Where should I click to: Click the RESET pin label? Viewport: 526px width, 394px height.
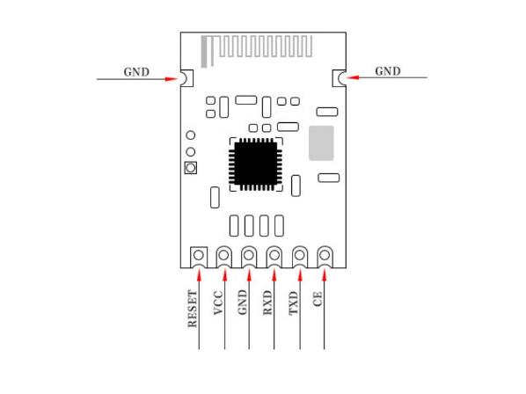point(193,309)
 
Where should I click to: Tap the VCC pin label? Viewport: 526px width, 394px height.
point(218,303)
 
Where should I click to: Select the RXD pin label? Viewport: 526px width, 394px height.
point(267,303)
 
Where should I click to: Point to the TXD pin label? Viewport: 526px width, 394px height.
point(293,303)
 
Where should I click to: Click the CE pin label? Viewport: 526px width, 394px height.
point(318,299)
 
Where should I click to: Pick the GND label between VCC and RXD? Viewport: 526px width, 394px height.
point(242,303)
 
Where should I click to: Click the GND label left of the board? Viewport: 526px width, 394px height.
point(136,72)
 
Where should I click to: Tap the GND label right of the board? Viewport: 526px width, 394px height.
point(388,71)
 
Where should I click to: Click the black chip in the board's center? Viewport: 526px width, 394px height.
point(256,164)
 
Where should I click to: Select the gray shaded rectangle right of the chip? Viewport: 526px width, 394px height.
point(321,143)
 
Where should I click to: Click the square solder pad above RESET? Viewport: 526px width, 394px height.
point(199,257)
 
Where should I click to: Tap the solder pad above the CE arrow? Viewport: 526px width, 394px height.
point(325,257)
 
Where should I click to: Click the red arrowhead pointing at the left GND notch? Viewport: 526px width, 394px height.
point(172,79)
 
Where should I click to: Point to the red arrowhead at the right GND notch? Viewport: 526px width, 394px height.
point(353,77)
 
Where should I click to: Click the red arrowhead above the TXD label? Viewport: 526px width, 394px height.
point(300,275)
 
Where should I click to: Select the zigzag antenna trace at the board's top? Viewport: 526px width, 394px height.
point(257,50)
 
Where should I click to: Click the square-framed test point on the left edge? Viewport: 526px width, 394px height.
point(191,168)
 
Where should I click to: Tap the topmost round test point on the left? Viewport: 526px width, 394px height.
point(191,135)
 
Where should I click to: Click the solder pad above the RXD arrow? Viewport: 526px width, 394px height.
point(274,257)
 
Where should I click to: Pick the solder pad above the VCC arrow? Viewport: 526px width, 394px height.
point(223,257)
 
